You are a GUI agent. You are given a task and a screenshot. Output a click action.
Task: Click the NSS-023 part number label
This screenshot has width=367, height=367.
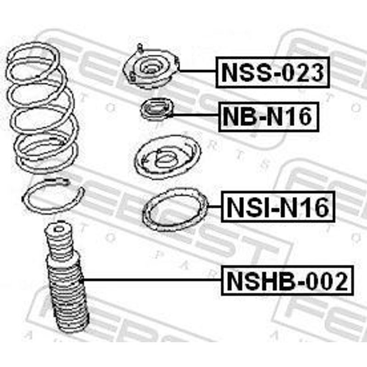tap(272, 72)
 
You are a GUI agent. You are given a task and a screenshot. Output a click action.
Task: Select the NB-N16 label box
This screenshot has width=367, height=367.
tap(269, 117)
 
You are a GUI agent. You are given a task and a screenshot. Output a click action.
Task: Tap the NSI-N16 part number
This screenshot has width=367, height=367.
tap(278, 206)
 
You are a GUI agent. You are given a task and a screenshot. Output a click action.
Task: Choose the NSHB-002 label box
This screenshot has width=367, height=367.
tap(287, 280)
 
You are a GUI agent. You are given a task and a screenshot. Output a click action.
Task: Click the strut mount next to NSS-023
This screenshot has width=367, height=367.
tap(151, 68)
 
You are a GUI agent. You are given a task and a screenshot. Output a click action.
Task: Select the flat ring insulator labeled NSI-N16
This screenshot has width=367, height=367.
tap(175, 210)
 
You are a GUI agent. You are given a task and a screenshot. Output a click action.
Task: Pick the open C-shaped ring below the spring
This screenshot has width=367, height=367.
tap(53, 196)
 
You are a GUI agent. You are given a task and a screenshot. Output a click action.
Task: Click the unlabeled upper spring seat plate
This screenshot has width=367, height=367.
tap(167, 157)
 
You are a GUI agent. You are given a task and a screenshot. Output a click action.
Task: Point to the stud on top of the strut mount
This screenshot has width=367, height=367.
tap(140, 48)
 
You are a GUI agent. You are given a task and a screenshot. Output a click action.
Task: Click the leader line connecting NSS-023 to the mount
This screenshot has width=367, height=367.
tap(197, 71)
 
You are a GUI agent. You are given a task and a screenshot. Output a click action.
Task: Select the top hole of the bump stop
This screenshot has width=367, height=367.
tap(59, 228)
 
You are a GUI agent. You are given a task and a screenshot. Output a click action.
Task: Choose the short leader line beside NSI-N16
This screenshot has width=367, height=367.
tap(214, 206)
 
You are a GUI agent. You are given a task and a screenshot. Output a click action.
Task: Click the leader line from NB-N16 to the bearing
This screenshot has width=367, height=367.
tap(196, 115)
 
